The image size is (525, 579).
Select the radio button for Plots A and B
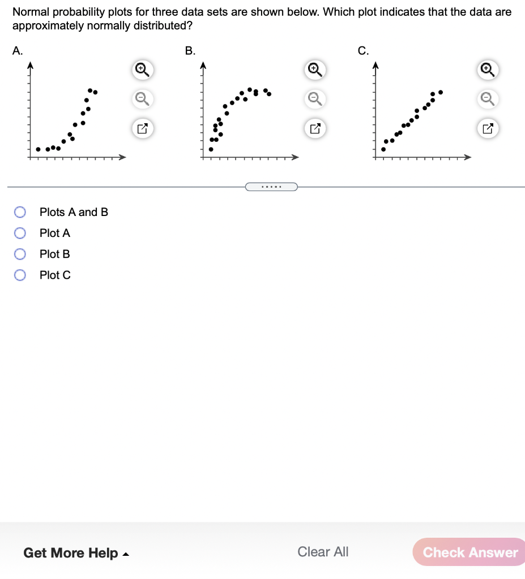coord(20,212)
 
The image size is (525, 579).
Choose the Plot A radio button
coord(20,233)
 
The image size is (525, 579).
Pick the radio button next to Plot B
coord(20,254)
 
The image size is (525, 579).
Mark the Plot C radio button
coord(20,275)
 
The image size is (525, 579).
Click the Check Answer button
coord(469,552)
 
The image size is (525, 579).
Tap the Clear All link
coord(323,552)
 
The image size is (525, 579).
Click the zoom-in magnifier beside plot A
coord(142,70)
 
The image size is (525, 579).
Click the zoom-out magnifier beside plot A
coord(142,99)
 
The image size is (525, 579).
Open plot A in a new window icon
coord(142,128)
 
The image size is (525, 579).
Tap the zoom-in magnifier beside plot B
coord(314,70)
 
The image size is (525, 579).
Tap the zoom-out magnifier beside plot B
coord(314,99)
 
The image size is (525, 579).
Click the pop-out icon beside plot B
coord(314,128)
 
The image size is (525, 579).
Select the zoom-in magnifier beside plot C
coord(486,70)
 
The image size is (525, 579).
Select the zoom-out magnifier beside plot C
coord(486,99)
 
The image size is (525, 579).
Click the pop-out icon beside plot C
coord(486,128)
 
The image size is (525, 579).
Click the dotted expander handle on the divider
coord(271,186)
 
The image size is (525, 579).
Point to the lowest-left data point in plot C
coord(383,149)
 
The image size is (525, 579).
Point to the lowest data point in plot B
coord(211,149)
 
